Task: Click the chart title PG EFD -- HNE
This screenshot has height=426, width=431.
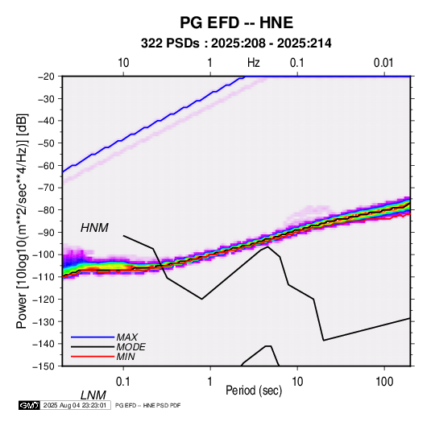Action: point(236,23)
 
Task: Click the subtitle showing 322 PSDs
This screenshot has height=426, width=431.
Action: point(236,43)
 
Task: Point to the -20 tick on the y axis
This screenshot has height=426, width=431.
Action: point(46,77)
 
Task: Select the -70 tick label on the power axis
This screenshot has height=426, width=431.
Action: point(46,188)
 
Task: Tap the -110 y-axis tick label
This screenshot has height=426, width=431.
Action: point(44,277)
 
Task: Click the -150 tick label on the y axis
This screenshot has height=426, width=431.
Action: point(44,366)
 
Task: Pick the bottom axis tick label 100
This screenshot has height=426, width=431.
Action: point(383,382)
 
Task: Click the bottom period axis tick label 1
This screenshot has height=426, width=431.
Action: point(210,382)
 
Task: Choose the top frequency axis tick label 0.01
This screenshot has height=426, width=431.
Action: point(383,63)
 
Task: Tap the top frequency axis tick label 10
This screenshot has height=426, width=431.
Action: point(123,63)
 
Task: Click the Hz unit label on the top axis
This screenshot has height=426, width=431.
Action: point(254,63)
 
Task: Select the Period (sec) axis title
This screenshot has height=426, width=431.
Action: point(254,391)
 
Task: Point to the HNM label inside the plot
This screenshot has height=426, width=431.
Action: point(94,228)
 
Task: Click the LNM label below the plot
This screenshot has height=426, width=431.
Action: point(93,395)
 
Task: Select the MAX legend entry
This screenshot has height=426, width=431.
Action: point(127,337)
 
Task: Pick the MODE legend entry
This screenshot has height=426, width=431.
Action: point(131,347)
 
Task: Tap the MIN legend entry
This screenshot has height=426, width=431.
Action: point(126,357)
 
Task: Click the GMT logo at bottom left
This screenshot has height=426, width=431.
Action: point(30,405)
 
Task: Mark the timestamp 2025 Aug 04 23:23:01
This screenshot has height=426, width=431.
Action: point(75,405)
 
